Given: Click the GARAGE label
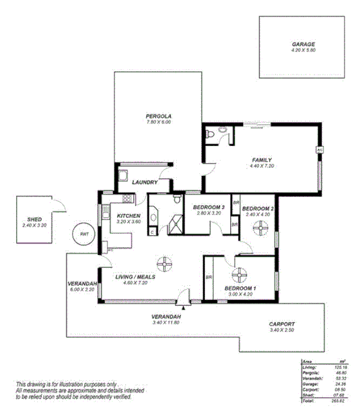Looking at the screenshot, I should click(303, 45).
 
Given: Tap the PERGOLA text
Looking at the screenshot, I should click(158, 116).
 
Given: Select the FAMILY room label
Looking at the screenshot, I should click(262, 160).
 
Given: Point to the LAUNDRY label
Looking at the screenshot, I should click(145, 182).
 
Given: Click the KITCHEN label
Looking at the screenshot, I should click(129, 216).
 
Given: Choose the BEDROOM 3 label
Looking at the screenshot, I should click(208, 207).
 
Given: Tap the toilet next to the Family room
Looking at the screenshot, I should click(222, 132).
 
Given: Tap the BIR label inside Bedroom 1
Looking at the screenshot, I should click(209, 277).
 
